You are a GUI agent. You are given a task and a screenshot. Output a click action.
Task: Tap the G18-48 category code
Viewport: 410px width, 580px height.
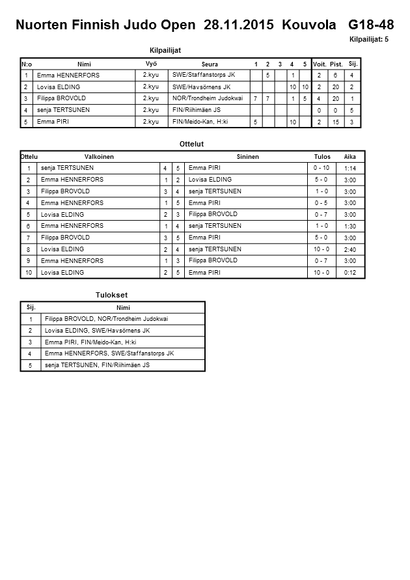371,25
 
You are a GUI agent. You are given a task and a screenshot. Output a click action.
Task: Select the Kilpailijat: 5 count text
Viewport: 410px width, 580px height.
369,40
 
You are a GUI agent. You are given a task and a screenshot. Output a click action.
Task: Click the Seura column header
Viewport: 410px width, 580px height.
210,64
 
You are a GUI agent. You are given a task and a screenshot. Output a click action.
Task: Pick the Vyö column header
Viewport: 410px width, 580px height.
151,63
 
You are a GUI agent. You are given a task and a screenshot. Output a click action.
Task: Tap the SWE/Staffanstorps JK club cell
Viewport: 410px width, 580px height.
204,76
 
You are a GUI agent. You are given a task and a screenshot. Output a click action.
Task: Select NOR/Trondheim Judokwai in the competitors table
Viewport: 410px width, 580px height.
207,98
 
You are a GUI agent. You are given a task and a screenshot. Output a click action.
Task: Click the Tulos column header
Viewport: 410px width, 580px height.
322,157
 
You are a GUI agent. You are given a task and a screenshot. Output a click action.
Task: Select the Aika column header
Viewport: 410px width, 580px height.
350,157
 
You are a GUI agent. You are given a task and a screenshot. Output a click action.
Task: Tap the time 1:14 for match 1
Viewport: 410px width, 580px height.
349,169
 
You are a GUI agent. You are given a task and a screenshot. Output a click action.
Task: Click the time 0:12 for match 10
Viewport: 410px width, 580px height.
349,273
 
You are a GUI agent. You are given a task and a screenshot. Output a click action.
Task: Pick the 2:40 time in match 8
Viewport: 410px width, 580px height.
349,250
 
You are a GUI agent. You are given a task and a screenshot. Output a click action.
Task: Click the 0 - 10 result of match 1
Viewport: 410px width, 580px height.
321,169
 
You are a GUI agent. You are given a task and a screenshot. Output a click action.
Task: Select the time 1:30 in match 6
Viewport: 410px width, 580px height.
349,227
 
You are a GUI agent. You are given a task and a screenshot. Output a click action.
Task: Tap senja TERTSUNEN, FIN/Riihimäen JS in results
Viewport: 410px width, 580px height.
98,366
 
